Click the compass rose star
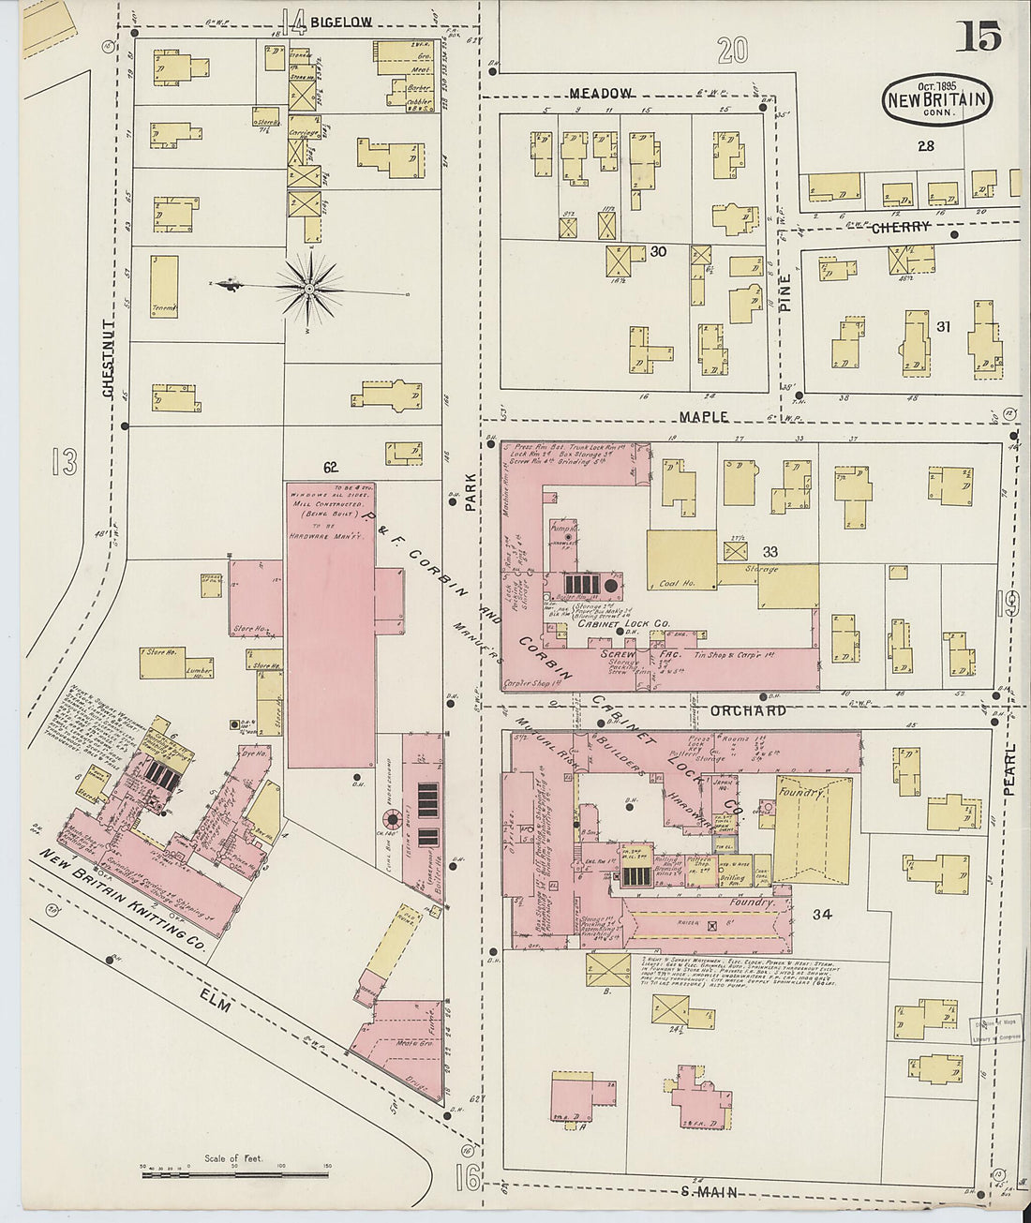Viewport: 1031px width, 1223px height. click(308, 288)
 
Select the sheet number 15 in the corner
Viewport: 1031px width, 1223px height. click(979, 37)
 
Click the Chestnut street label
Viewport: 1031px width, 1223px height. click(109, 359)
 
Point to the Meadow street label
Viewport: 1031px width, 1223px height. click(601, 93)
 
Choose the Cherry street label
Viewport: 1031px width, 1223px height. click(900, 227)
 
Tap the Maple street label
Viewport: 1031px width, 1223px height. click(704, 416)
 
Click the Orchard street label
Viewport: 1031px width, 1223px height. click(747, 710)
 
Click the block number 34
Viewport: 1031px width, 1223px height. click(823, 914)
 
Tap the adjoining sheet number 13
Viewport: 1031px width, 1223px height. click(65, 462)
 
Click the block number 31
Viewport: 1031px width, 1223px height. click(943, 326)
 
